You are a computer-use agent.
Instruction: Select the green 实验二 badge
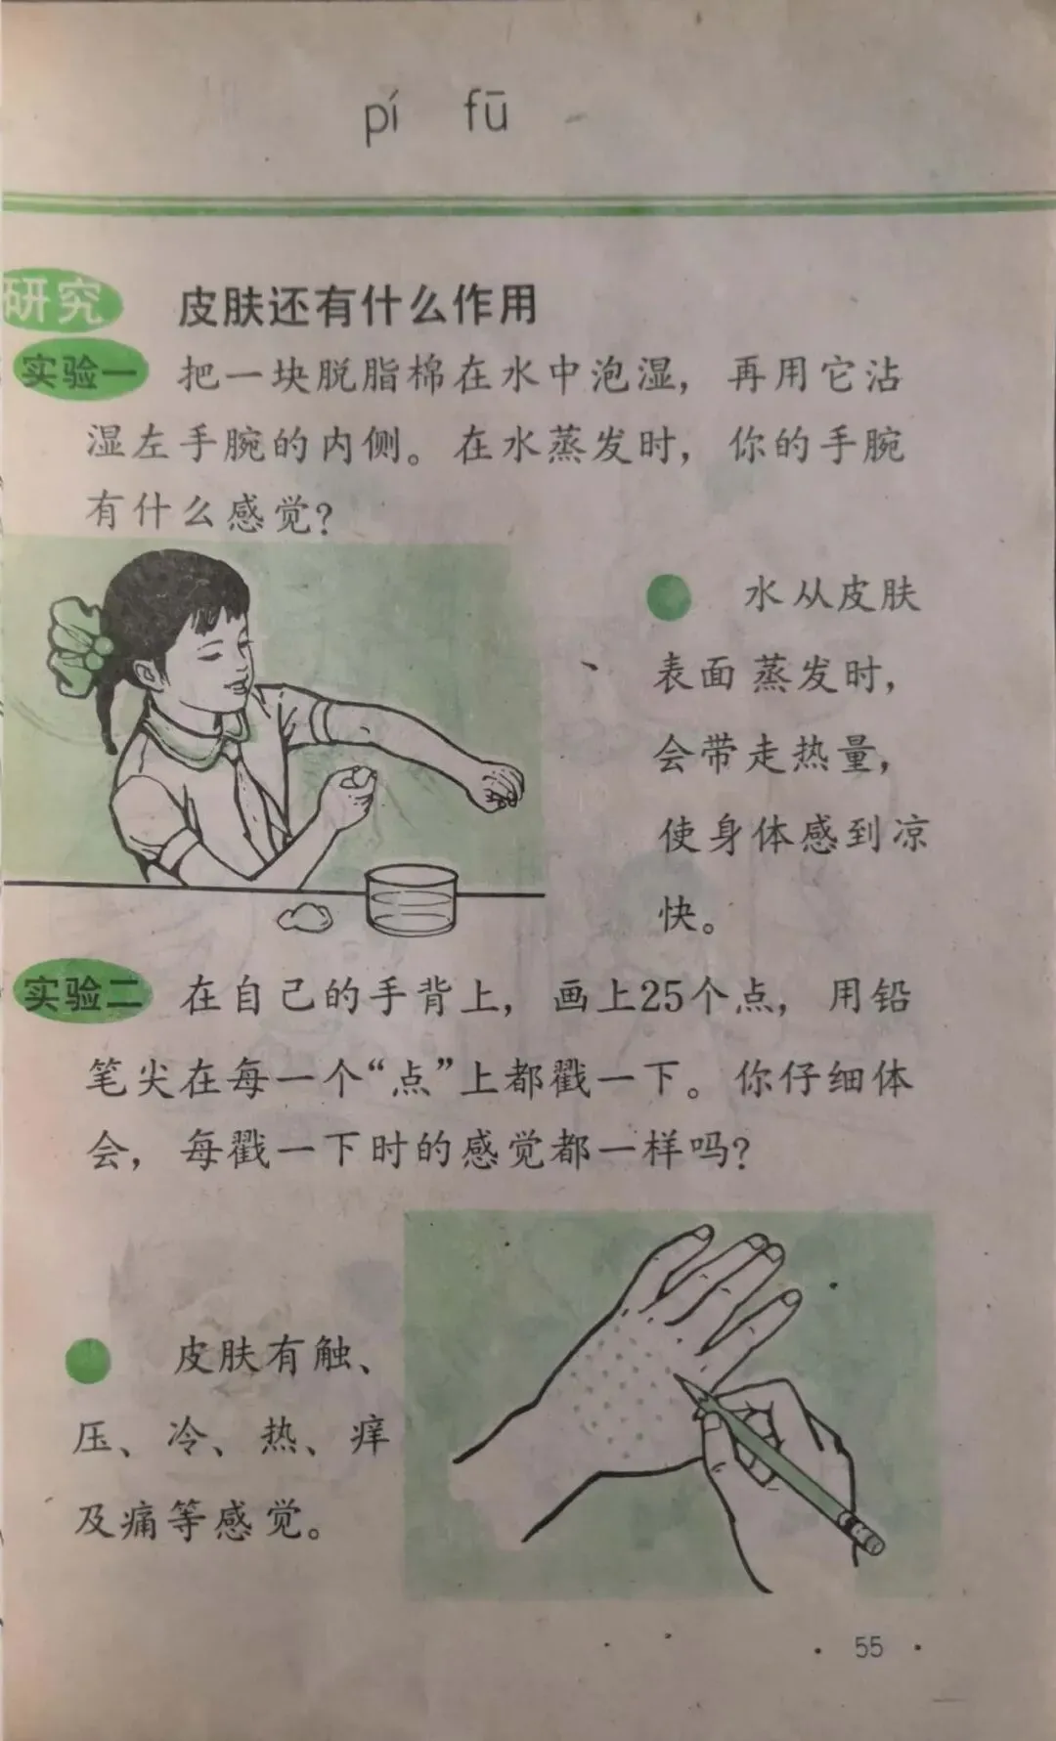tap(82, 994)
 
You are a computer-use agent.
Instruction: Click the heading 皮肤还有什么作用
tap(358, 306)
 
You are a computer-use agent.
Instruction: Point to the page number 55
tap(868, 1646)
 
